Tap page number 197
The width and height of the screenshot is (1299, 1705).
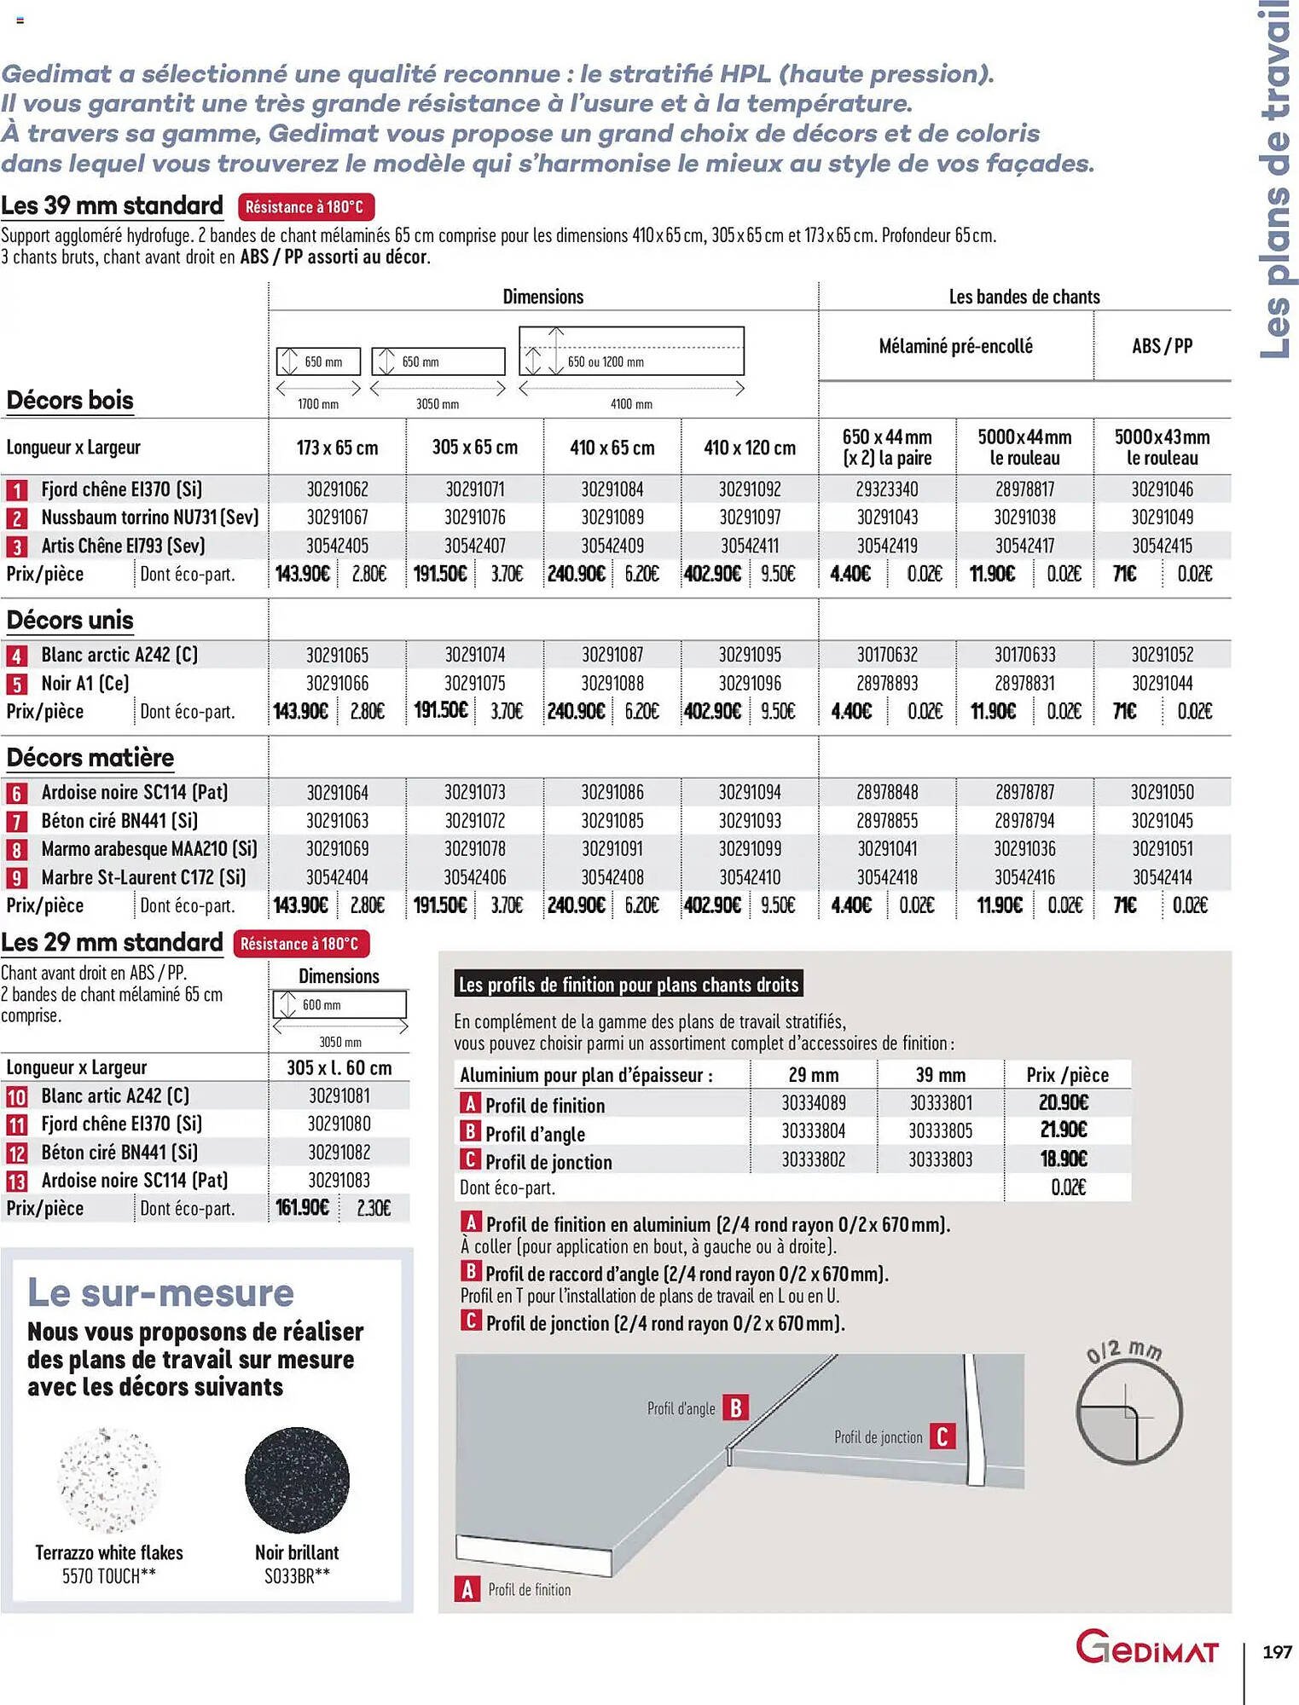(1276, 1652)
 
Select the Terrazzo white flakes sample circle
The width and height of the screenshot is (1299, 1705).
(108, 1480)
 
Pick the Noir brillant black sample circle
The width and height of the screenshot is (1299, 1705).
(297, 1480)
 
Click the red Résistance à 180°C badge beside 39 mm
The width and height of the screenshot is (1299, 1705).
(305, 207)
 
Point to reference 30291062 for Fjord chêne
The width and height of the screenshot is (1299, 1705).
(337, 489)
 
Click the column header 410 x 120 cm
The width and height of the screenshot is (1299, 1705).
(749, 448)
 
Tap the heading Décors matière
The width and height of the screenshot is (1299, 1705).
(90, 758)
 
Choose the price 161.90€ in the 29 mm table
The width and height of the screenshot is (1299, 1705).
(302, 1208)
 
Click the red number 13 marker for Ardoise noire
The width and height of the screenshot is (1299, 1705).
(16, 1182)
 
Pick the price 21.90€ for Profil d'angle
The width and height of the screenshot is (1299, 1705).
(1063, 1130)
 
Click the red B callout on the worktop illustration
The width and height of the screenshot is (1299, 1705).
(735, 1407)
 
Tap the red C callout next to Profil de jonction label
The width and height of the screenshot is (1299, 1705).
(942, 1436)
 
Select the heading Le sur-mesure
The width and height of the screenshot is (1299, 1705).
(160, 1293)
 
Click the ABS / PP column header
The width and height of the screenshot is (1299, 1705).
(1162, 346)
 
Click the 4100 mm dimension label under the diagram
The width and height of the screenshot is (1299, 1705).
(631, 404)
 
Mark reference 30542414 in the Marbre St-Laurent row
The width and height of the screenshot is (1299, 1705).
(1162, 877)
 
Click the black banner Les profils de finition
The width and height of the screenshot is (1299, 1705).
(629, 985)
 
